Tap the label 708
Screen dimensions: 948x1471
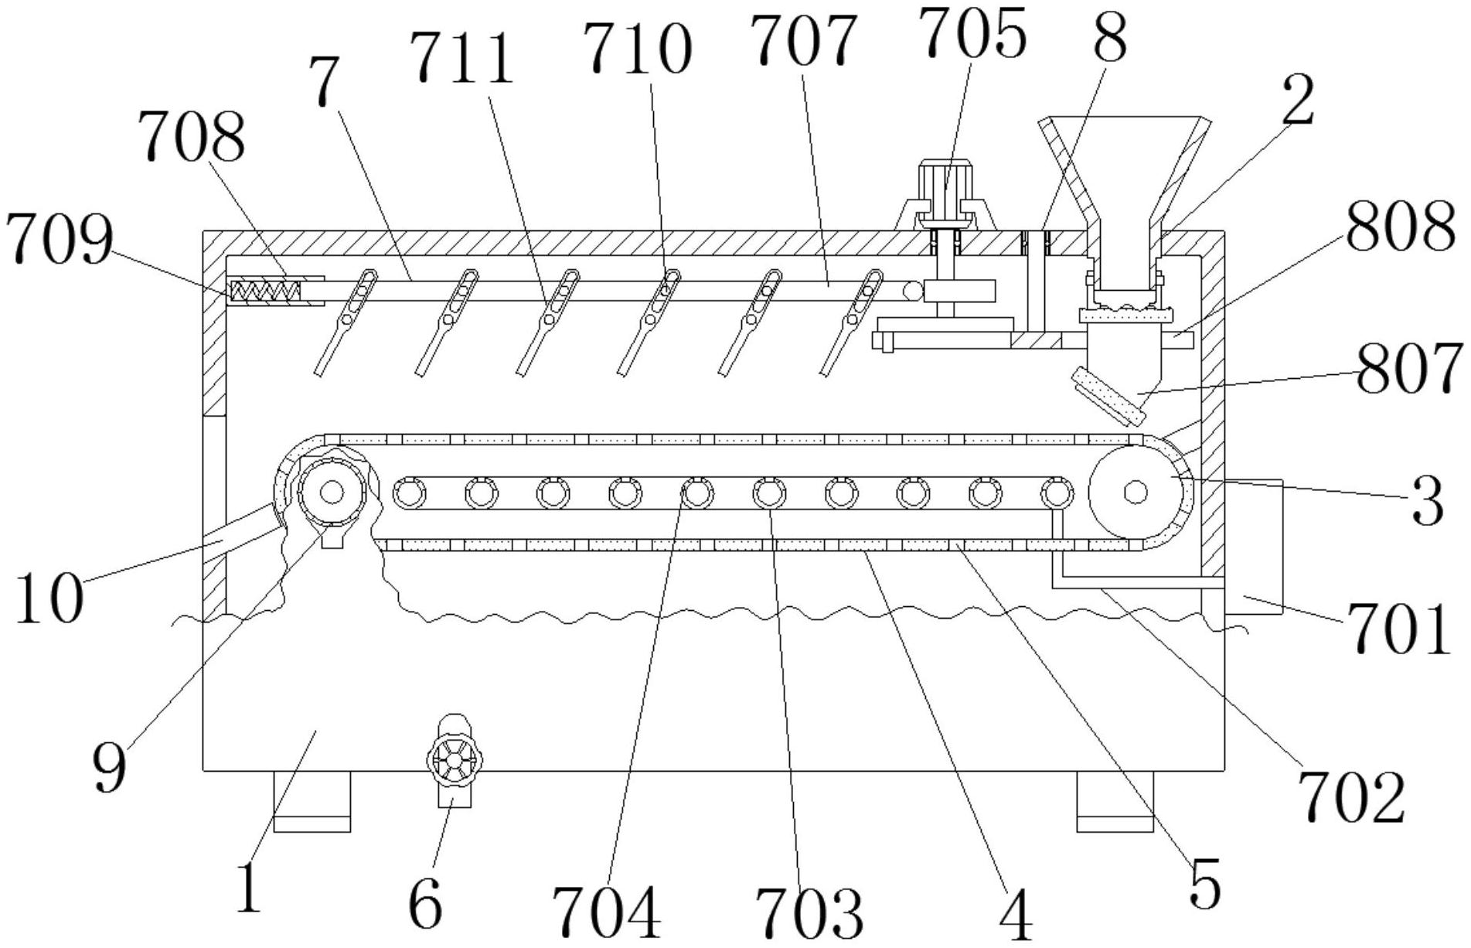192,137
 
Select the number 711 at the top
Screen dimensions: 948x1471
461,60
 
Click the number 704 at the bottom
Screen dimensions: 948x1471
607,912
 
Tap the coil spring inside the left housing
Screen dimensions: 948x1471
265,292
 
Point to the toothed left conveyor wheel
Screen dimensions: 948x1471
331,491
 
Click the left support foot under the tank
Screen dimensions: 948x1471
312,802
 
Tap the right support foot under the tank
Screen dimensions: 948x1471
1115,802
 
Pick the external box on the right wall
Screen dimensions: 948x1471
1253,547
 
